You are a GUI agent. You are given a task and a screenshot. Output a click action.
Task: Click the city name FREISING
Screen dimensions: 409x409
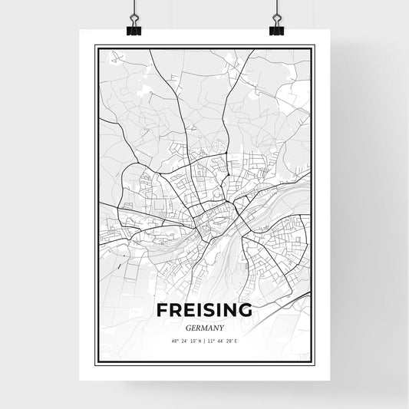(x=204, y=311)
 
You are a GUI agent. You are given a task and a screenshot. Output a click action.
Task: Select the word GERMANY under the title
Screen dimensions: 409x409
(x=204, y=326)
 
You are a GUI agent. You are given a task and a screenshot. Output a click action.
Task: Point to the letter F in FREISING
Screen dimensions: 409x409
(x=162, y=311)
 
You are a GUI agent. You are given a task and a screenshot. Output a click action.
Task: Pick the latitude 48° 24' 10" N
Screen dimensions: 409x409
(x=185, y=341)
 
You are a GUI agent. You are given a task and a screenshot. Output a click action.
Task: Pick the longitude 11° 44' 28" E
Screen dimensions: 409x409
(x=223, y=341)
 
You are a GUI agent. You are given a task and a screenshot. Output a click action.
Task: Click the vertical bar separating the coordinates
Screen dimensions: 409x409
(x=204, y=341)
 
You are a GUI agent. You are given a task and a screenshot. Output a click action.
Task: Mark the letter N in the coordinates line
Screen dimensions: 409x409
(x=199, y=341)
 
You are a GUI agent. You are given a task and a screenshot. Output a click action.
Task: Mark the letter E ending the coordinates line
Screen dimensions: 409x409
(x=237, y=341)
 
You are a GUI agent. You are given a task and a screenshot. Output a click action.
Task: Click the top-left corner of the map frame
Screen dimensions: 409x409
(x=95, y=46)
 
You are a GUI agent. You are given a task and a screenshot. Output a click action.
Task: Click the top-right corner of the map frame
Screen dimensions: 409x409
(x=314, y=46)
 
